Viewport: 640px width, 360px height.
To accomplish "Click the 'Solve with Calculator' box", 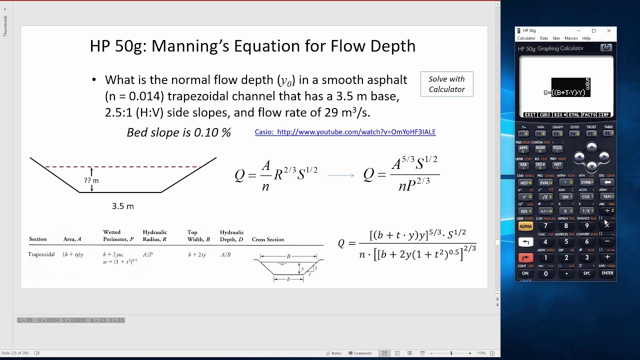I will click(x=446, y=84).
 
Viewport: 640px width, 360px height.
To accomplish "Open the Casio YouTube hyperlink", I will click(x=345, y=132).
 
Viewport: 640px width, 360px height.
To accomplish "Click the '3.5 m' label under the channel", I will click(x=123, y=206).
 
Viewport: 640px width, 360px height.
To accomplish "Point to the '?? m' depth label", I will click(x=91, y=180).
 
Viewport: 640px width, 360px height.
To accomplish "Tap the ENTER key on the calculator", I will click(x=607, y=273).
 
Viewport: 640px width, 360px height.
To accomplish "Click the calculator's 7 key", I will click(x=545, y=226).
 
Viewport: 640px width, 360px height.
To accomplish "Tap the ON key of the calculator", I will click(x=525, y=273).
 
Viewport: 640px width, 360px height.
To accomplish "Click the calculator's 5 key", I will click(x=566, y=242).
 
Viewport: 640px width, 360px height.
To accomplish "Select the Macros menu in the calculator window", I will click(x=571, y=38).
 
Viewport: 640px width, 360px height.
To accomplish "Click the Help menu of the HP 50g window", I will click(x=586, y=38).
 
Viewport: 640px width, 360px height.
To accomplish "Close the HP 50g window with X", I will click(x=609, y=31).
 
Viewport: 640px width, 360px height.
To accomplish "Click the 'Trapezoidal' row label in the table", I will click(x=41, y=254).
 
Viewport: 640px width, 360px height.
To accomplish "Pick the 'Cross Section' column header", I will click(x=268, y=239).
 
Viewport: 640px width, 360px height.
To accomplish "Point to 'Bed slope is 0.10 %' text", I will click(x=178, y=132).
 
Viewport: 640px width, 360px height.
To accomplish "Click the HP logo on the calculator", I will click(x=606, y=48).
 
